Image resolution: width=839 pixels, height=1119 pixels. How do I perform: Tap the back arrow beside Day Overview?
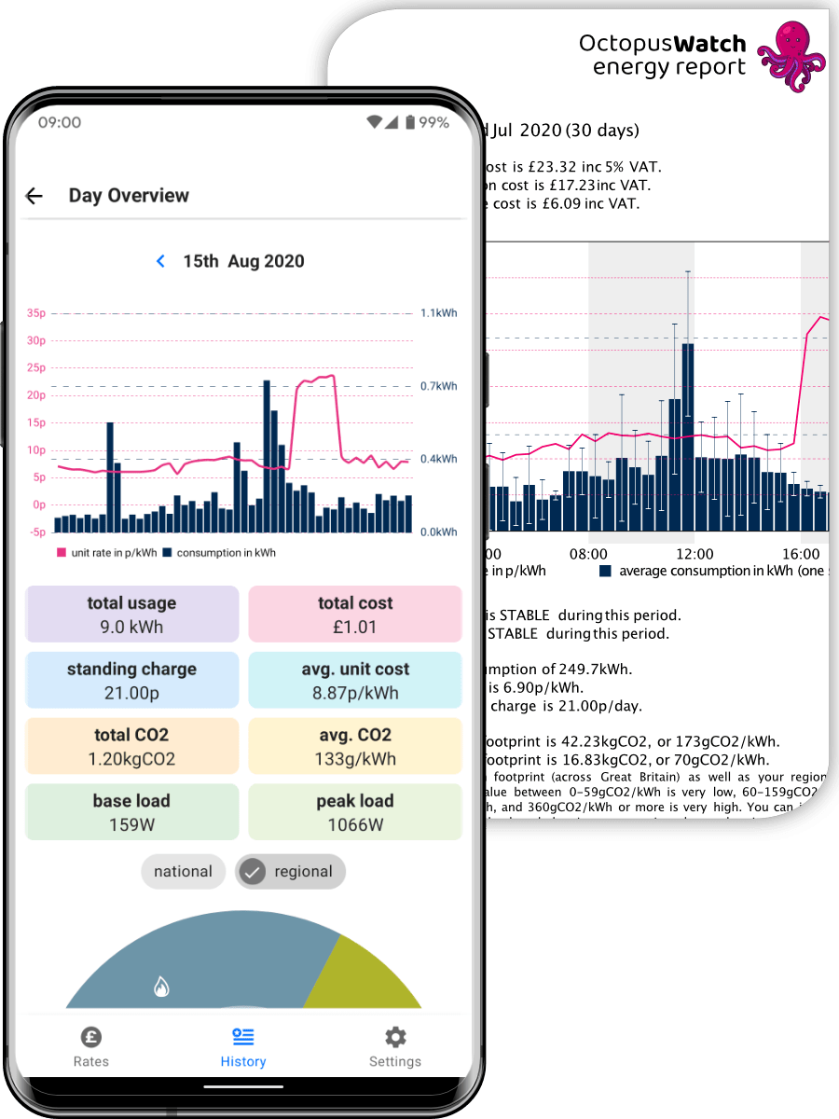point(34,196)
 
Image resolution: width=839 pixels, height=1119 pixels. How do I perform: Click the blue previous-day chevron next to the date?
point(160,261)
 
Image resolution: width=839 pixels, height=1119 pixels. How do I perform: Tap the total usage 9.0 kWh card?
point(131,615)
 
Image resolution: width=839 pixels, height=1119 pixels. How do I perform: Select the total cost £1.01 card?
point(355,615)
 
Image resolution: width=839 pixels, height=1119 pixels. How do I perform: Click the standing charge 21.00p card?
point(131,681)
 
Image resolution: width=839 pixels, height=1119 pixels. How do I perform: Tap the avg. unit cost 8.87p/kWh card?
point(355,681)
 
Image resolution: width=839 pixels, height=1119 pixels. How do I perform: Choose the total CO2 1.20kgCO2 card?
point(131,746)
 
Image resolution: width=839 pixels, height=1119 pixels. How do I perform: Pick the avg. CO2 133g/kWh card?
point(355,746)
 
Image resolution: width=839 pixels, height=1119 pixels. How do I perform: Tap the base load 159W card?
point(131,812)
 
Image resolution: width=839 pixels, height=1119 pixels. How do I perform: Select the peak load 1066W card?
point(355,812)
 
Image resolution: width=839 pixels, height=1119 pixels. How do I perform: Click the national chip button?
point(183,872)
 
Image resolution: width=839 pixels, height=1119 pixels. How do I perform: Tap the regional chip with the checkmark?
point(290,872)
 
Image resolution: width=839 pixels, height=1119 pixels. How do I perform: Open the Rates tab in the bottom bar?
point(91,1047)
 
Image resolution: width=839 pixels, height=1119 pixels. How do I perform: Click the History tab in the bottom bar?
point(243,1047)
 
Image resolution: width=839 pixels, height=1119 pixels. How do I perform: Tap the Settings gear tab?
point(395,1047)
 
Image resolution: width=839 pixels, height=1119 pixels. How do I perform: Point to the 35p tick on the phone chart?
point(36,313)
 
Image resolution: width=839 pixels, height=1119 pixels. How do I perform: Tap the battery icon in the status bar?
point(409,122)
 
